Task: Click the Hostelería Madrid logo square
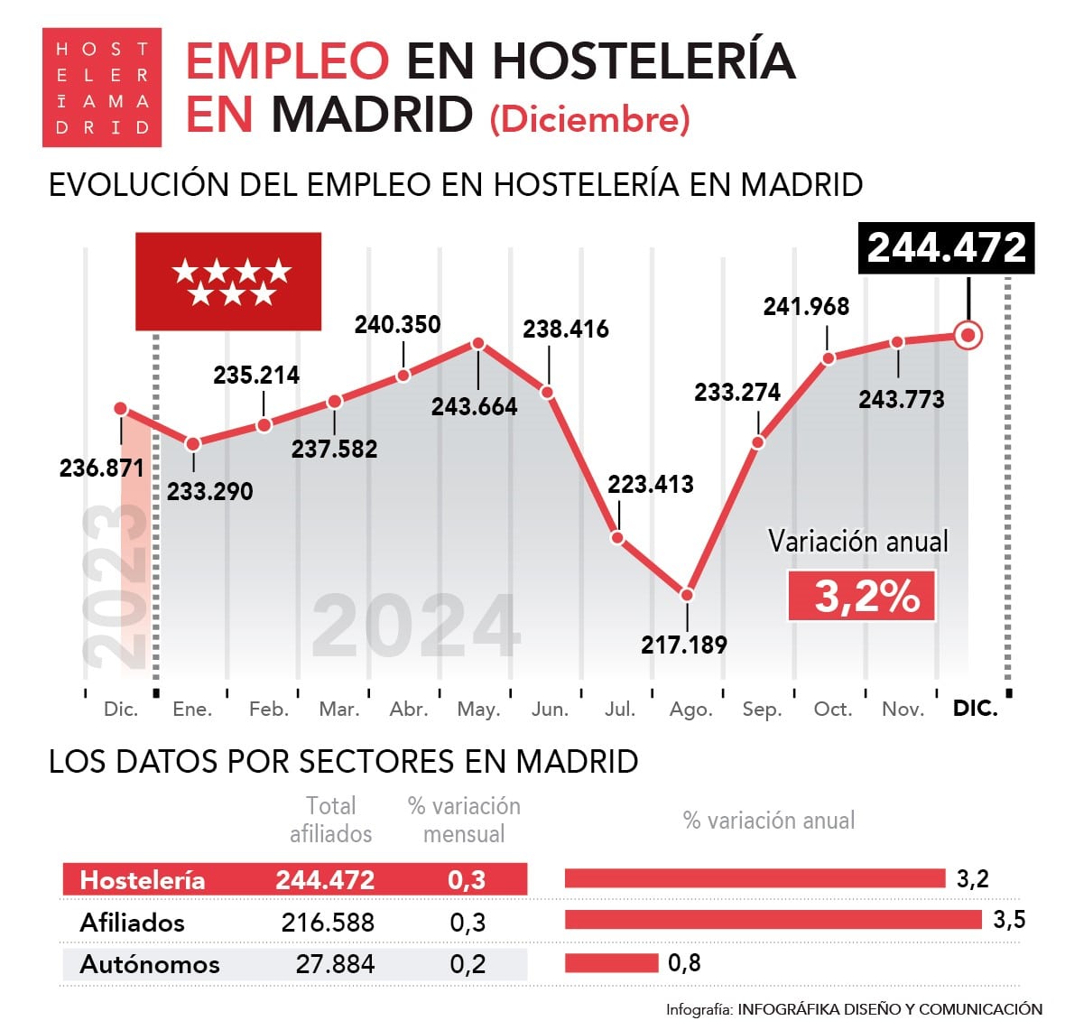pos(101,88)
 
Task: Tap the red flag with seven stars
pos(228,282)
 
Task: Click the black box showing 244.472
pos(946,248)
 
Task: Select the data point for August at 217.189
pos(687,595)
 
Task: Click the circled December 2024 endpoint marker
pos(968,336)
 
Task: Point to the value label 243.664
pos(474,406)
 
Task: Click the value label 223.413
pos(650,485)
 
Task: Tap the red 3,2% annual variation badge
pos(862,597)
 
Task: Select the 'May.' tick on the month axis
pos(478,710)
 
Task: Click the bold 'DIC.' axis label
pos(975,709)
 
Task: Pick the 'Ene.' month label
pos(192,710)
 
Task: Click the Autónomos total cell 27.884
pos(335,964)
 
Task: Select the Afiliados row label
pos(132,923)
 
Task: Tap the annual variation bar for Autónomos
pos(611,963)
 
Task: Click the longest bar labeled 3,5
pos(773,920)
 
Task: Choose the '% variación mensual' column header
pos(464,820)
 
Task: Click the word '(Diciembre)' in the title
pos(589,119)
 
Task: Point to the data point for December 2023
pos(121,409)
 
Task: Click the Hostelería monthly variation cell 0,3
pos(467,880)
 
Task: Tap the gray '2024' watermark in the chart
pos(416,626)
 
